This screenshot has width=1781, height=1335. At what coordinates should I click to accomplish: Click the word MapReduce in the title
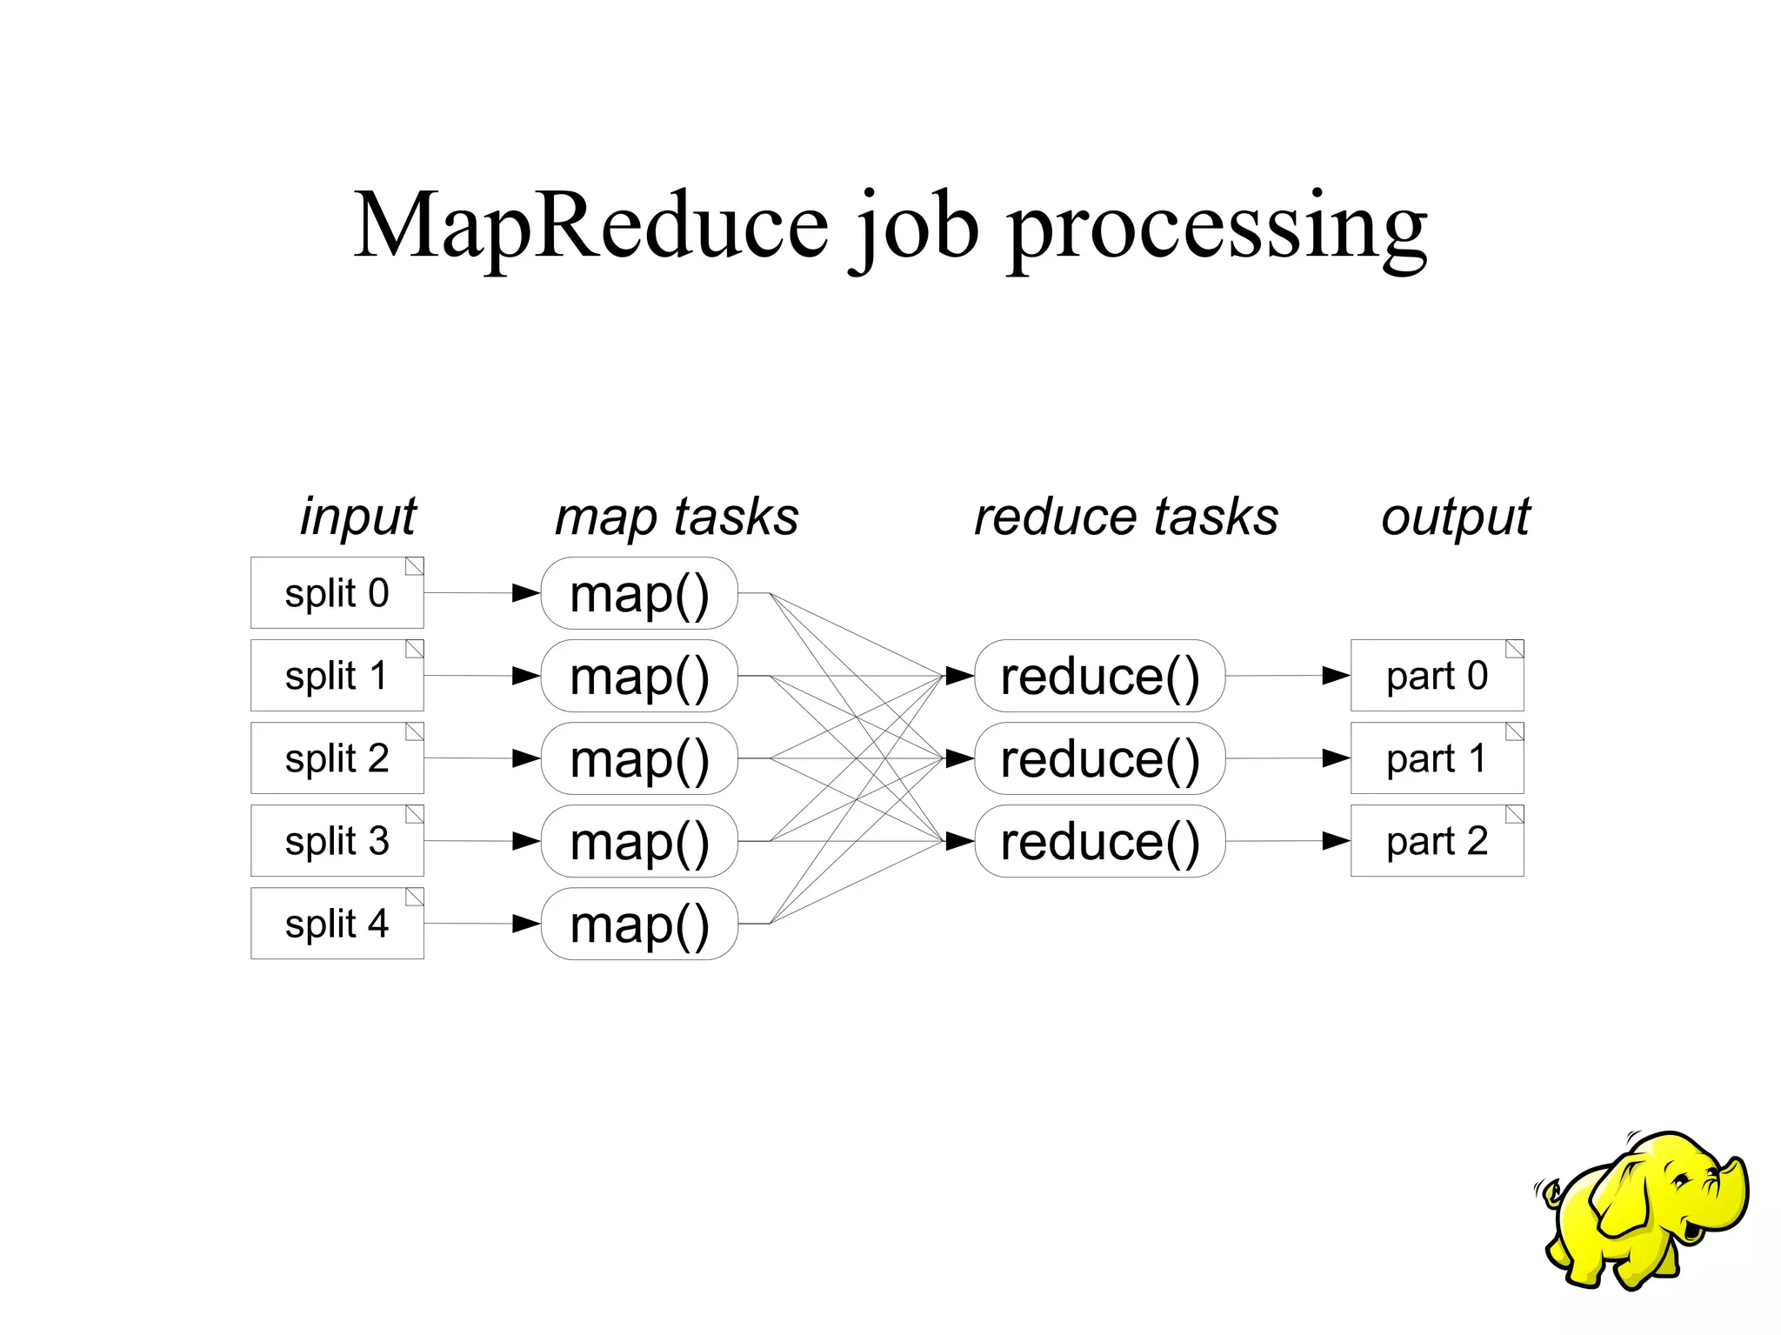[x=591, y=226]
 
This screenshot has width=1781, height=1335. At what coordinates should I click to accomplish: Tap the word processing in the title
[x=1217, y=228]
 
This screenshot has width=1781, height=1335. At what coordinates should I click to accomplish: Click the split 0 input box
[x=337, y=593]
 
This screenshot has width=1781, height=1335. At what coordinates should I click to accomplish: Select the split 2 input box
[x=337, y=758]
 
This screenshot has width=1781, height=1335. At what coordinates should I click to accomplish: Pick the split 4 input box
[x=337, y=924]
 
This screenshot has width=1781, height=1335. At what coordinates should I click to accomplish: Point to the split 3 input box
[x=337, y=841]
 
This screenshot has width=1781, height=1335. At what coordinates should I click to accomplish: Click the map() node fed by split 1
[x=639, y=676]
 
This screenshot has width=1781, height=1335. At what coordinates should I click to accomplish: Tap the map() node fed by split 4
[x=639, y=924]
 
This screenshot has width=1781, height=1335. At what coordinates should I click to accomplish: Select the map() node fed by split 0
[x=639, y=593]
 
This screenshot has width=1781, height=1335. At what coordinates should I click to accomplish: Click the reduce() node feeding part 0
[x=1099, y=676]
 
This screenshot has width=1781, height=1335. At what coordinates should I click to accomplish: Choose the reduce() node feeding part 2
[x=1099, y=841]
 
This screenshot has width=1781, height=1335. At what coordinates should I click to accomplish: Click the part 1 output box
[x=1437, y=758]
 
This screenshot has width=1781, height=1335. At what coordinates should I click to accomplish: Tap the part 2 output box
[x=1437, y=841]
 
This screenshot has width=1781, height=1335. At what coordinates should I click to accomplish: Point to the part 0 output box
[x=1437, y=676]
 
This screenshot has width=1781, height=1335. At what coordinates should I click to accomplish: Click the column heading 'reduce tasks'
[x=1126, y=517]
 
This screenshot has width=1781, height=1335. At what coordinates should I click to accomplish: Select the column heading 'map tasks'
[x=677, y=517]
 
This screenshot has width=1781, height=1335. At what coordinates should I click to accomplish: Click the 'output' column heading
[x=1455, y=517]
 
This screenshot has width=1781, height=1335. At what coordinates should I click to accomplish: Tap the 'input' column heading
[x=358, y=517]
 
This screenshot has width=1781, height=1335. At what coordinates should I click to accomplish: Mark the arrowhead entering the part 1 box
[x=1336, y=758]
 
